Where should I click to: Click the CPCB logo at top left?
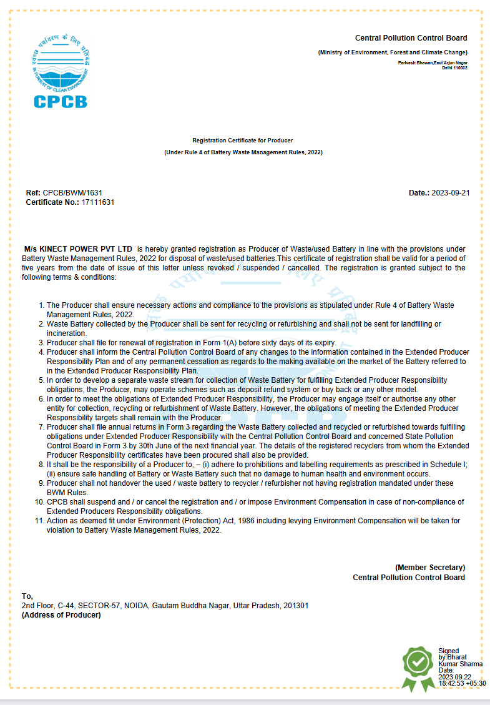60,71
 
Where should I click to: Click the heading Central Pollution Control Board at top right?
411,39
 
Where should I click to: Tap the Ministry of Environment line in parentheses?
392,53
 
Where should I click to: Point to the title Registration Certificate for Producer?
243,141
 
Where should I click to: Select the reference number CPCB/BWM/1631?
72,193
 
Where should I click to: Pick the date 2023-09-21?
451,193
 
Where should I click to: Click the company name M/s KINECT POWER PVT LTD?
78,249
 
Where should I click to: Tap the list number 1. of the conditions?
41,305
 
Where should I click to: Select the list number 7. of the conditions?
41,427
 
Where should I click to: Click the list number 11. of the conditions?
39,521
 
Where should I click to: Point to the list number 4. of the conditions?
41,352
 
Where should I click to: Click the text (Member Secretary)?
430,568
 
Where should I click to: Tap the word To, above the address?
27,596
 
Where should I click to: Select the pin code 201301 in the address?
296,606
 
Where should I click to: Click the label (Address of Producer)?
61,615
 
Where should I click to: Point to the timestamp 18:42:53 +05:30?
462,683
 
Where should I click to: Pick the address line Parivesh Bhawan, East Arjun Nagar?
433,63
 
